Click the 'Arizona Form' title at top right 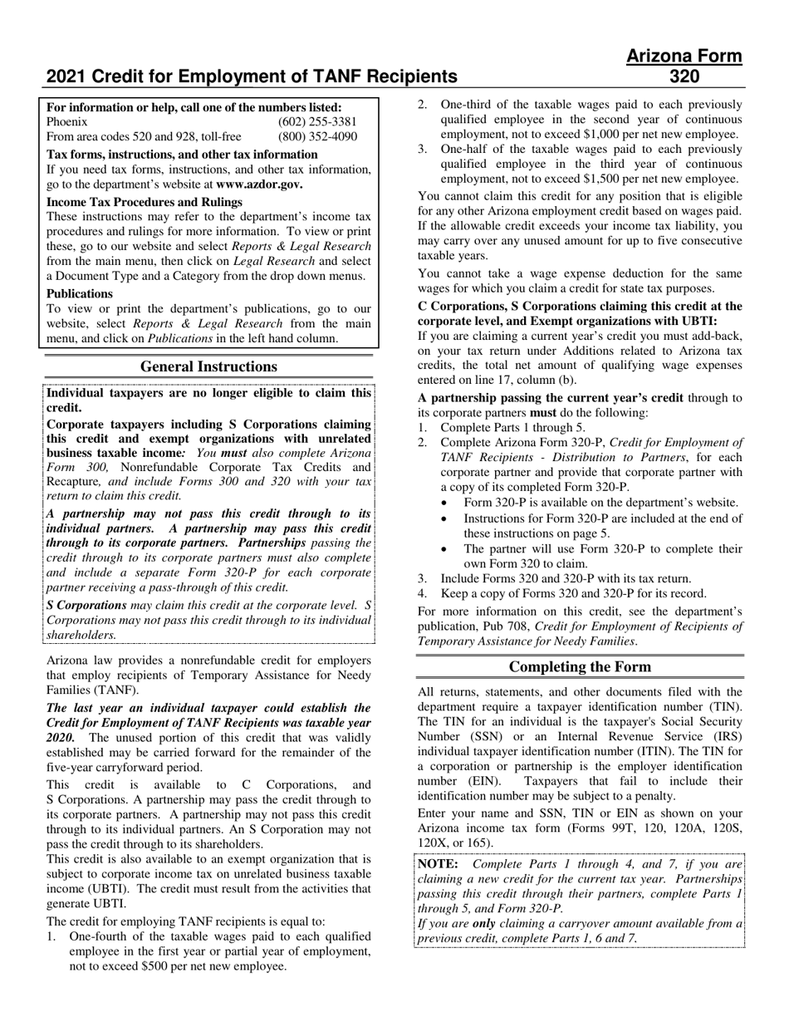(x=684, y=57)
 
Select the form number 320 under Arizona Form (x=684, y=77)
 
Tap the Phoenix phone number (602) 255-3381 (x=317, y=122)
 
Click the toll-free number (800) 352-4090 (x=317, y=137)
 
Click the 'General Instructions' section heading (x=208, y=366)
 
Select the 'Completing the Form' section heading (x=580, y=667)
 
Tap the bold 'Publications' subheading (x=80, y=293)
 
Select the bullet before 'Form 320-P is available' (x=447, y=503)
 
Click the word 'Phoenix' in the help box (x=67, y=122)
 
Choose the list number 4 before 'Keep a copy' (x=422, y=593)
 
